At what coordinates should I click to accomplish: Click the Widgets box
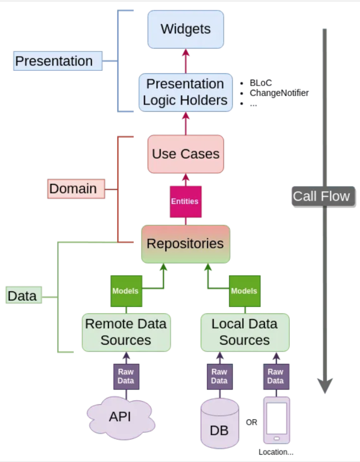coord(185,29)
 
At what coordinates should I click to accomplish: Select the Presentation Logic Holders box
coord(185,92)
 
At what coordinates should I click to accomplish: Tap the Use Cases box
coord(185,154)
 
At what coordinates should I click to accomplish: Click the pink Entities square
coord(185,201)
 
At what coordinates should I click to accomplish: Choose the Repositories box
coord(185,244)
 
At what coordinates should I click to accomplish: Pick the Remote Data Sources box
coord(126,332)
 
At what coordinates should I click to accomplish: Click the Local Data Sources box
coord(245,332)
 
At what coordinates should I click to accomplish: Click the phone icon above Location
coord(277,420)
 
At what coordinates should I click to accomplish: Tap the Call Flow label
coord(321,196)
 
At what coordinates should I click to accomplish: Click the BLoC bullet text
coord(261,82)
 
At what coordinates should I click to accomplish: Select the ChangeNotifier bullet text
coord(279,93)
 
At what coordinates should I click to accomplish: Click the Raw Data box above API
coord(126,376)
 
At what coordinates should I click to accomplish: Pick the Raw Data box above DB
coord(219,376)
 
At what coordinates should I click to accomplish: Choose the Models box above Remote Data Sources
coord(126,291)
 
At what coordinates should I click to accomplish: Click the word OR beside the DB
coord(251,423)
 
